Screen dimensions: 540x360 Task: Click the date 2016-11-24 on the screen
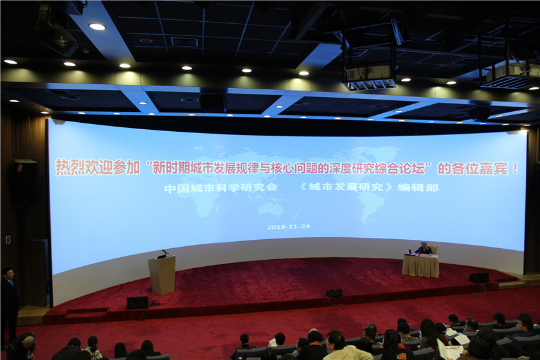(x=289, y=227)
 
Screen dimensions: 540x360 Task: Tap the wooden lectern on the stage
(x=161, y=274)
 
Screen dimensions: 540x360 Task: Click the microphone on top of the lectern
(x=165, y=252)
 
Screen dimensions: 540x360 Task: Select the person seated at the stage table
(x=423, y=249)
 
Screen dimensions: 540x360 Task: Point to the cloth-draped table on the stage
(x=421, y=265)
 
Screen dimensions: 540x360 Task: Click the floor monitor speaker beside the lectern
(x=138, y=303)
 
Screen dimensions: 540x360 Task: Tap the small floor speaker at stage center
(x=334, y=293)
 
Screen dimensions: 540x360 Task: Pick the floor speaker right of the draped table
(x=479, y=278)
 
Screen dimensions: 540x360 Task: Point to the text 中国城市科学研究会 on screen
(x=221, y=188)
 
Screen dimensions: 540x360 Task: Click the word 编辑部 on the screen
(x=418, y=188)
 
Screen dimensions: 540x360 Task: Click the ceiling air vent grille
(x=184, y=42)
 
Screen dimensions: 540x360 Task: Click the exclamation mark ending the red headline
(x=515, y=169)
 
